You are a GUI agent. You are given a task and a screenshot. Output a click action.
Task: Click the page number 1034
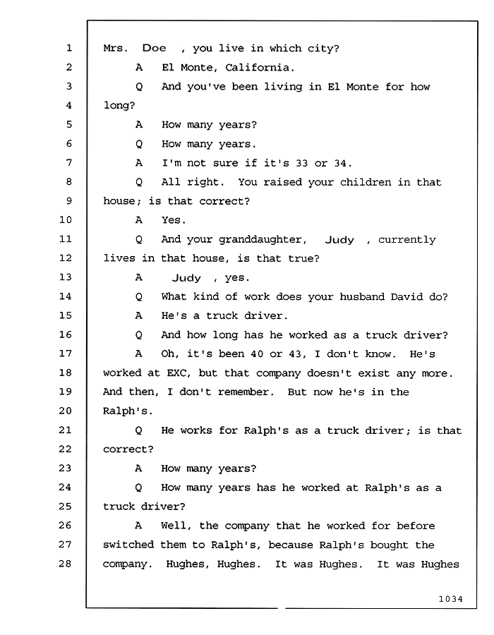click(451, 599)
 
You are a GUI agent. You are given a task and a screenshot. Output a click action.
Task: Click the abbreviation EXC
click(178, 373)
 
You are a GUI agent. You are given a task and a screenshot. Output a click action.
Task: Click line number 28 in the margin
click(65, 564)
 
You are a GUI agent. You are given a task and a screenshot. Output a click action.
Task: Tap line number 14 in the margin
click(65, 296)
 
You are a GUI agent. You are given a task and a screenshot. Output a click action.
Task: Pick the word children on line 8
click(366, 182)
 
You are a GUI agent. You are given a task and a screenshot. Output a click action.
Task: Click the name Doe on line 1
click(155, 48)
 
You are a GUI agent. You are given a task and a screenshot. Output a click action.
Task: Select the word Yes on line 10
click(174, 220)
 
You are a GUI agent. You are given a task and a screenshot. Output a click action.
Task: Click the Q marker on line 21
click(138, 431)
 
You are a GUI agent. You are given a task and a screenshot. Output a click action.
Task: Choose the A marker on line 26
click(138, 526)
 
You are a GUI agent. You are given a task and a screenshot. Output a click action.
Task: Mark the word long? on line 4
click(119, 106)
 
